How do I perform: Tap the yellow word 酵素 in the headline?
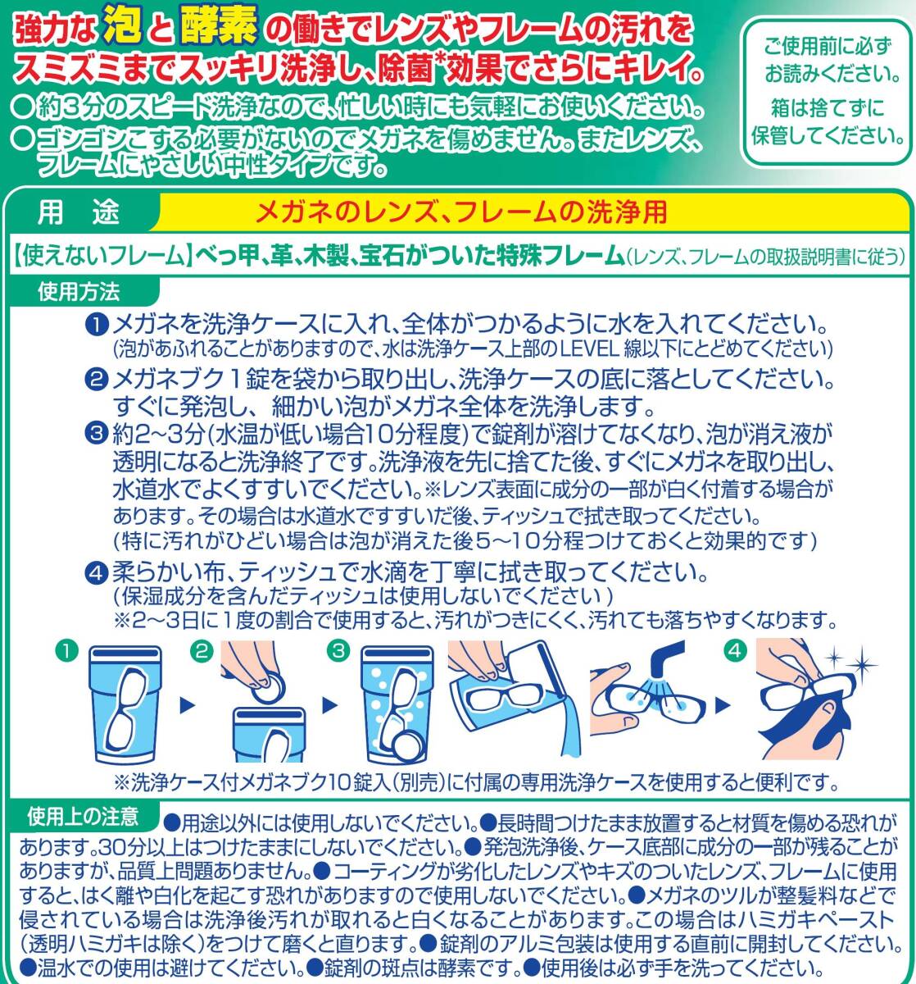point(219,25)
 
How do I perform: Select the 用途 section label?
point(79,213)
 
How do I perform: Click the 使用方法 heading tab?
point(79,291)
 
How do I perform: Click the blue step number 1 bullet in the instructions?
point(96,326)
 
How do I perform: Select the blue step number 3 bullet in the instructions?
point(96,435)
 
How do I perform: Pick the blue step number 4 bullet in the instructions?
point(96,573)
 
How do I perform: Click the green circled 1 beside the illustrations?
point(67,650)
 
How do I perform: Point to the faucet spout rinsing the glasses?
point(666,659)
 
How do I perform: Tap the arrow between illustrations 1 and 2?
point(187,705)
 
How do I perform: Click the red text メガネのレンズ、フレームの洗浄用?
point(460,213)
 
